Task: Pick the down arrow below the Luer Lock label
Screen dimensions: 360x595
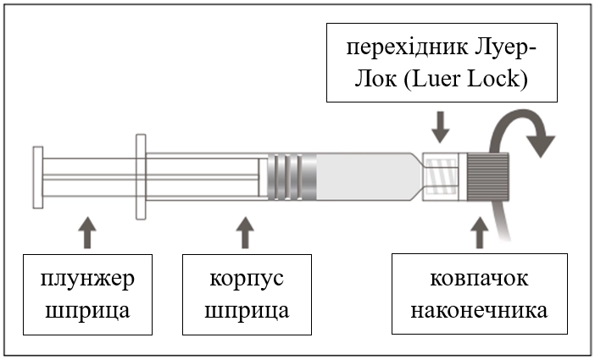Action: [x=441, y=129]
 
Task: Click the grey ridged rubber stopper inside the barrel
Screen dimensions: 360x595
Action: [x=292, y=175]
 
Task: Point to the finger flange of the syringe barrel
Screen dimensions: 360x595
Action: [x=140, y=175]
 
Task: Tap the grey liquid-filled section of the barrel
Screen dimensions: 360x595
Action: [x=364, y=175]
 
